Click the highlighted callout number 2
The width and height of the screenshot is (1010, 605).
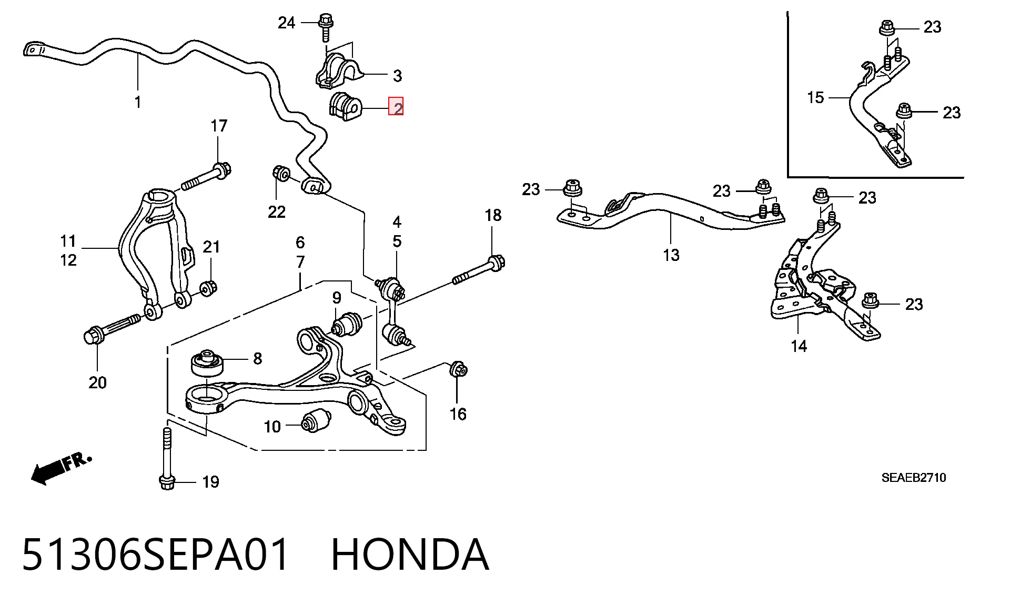(396, 107)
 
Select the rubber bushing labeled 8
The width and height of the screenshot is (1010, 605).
(207, 362)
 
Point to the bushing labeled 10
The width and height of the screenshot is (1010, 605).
(316, 420)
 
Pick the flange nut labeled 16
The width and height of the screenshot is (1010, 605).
(458, 369)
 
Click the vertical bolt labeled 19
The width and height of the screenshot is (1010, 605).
(166, 459)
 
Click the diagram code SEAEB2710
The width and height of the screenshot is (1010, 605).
(914, 478)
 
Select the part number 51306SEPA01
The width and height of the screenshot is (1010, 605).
(156, 554)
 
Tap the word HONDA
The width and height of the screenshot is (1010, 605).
(410, 554)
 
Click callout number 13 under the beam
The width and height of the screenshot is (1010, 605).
(671, 255)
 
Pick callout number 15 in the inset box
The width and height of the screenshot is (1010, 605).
(815, 97)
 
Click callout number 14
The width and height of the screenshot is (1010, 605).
(799, 346)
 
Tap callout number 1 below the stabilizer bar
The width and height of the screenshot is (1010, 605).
(138, 102)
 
